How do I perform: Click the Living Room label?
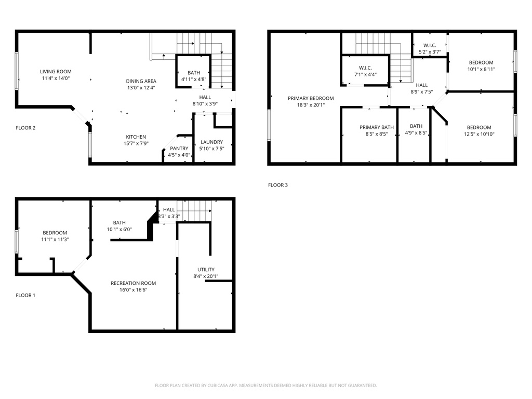[x=56, y=72]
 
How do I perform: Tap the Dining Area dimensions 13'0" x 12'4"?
[x=141, y=88]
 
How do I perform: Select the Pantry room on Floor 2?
[x=179, y=149]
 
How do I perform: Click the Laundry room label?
[x=211, y=142]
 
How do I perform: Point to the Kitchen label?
[x=136, y=137]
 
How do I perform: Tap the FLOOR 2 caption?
[x=25, y=128]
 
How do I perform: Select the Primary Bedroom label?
[x=311, y=98]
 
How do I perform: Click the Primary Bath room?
[x=377, y=127]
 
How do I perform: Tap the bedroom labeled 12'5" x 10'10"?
[x=478, y=127]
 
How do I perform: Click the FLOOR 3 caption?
[x=277, y=185]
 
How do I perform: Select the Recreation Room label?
[x=133, y=283]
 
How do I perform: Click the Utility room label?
[x=206, y=270]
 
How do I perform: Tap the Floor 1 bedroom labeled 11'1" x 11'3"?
[x=55, y=233]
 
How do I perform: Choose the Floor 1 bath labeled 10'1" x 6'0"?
[x=119, y=222]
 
